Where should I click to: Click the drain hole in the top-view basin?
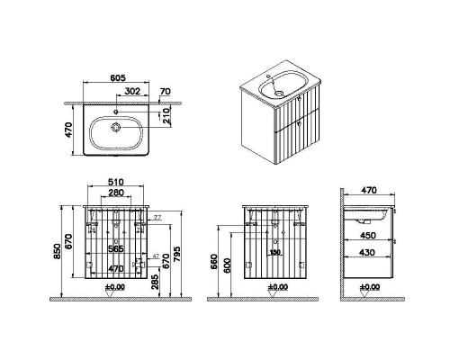[116, 128]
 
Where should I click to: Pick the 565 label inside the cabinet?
[116, 248]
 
